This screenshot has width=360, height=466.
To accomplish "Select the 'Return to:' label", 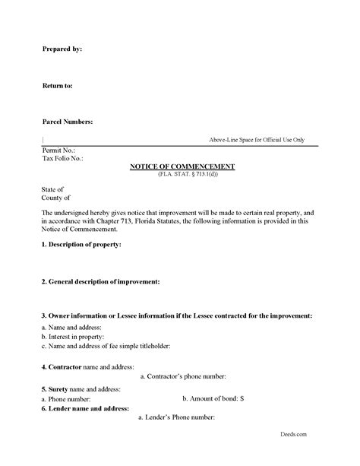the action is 57,86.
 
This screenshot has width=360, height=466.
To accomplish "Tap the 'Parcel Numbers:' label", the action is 68,122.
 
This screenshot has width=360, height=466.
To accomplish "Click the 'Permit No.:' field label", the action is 59,151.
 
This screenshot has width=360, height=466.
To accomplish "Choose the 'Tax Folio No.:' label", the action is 62,159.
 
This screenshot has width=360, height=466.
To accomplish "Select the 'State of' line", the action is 52,189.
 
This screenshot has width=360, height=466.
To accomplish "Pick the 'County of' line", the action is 55,198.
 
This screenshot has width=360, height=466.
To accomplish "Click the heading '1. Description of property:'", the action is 81,245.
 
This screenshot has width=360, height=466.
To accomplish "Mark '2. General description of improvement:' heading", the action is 100,281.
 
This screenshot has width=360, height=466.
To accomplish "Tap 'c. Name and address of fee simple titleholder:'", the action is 106,346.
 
